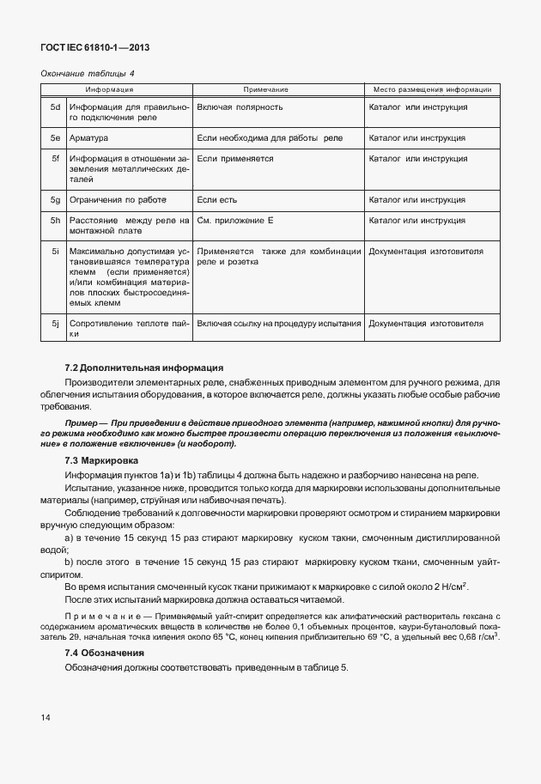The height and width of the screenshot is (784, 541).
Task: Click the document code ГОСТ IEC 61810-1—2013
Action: (x=88, y=47)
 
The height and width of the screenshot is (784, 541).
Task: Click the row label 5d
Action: (x=55, y=107)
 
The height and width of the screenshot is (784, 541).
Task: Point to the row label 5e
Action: (x=55, y=137)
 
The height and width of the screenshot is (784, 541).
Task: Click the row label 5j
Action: (x=55, y=324)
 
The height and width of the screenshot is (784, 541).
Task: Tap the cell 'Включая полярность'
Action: (x=240, y=107)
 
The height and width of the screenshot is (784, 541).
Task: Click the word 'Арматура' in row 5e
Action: (x=89, y=137)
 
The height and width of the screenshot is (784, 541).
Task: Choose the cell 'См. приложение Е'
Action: (x=235, y=221)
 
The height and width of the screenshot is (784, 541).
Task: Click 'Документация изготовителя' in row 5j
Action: (x=426, y=324)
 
